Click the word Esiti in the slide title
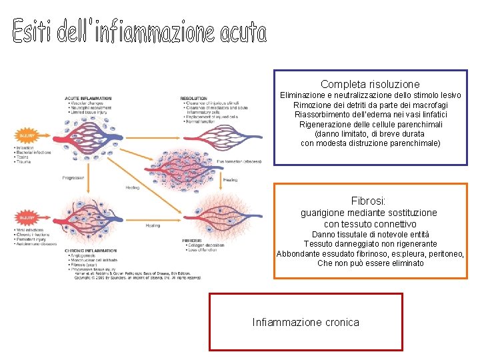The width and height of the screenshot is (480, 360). point(34,32)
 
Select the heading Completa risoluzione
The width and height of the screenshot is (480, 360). point(370,85)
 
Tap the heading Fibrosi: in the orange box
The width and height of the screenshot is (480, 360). point(368,201)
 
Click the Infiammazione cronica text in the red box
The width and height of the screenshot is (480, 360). point(305,323)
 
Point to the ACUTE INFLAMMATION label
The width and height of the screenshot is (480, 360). point(87,99)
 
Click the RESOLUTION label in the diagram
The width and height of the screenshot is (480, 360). point(194,99)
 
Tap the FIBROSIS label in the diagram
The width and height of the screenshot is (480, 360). point(192,240)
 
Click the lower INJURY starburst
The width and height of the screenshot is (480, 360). point(27,217)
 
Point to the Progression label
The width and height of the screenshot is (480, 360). point(73,178)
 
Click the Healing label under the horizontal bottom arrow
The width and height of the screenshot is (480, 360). point(153,225)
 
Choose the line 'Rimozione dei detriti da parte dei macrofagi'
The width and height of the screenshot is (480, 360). point(370,105)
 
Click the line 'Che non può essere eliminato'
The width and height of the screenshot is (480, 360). point(370,263)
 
